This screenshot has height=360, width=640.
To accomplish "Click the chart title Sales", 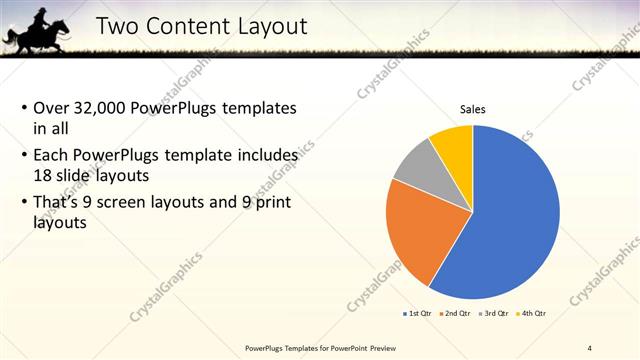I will point(473,110).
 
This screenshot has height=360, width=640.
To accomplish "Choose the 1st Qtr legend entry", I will point(420,313).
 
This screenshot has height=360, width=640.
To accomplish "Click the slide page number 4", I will point(590,347).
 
